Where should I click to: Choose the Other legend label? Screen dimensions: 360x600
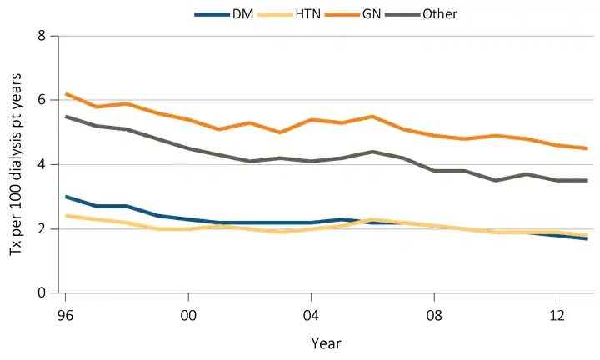(440, 13)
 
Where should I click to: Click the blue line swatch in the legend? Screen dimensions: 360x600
(209, 14)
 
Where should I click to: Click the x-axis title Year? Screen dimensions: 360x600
(326, 342)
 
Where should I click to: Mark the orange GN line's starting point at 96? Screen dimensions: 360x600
(66, 93)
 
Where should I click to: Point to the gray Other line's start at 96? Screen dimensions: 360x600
(66, 117)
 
